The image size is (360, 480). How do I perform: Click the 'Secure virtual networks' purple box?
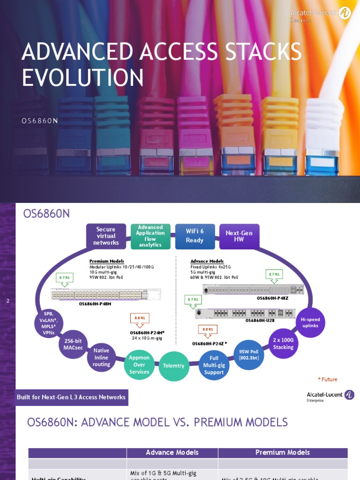pos(106,236)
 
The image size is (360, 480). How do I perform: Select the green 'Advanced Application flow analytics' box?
pos(150,236)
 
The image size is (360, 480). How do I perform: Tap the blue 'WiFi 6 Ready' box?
pos(195,236)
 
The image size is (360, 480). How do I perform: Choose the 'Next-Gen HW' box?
pos(239,236)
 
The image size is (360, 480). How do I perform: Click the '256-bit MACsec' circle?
pos(74,345)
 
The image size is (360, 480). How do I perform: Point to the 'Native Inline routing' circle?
pos(101,357)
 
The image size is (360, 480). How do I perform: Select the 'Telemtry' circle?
pos(174,365)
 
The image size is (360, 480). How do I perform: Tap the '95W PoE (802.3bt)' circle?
pos(248,355)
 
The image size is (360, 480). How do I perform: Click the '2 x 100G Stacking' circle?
pos(283,344)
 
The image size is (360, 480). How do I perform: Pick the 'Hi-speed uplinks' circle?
pos(310,322)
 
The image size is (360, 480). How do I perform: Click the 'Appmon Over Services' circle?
pos(139,365)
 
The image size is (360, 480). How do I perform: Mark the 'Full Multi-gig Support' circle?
pos(214,365)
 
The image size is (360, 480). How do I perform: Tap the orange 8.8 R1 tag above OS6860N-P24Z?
pos(207,330)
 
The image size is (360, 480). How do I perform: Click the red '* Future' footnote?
pos(327,379)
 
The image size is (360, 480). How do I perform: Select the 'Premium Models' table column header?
pos(283,452)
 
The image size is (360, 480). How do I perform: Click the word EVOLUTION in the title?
pos(83,77)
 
